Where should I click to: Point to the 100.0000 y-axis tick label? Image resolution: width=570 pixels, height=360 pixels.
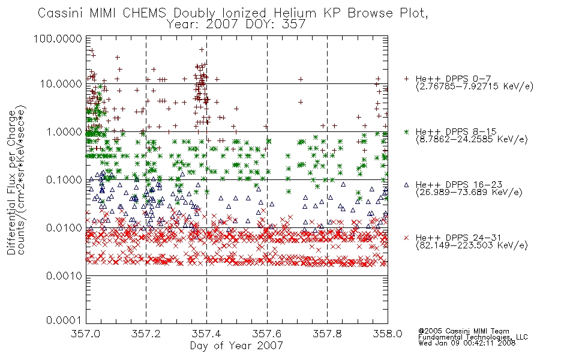click(x=58, y=38)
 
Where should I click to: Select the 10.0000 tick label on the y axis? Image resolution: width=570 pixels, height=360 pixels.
click(x=61, y=84)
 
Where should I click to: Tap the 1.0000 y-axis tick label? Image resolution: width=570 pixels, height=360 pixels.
click(x=64, y=131)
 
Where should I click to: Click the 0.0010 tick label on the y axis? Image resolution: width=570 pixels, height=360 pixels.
click(x=64, y=276)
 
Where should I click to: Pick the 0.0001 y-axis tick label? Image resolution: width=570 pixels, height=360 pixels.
click(x=64, y=320)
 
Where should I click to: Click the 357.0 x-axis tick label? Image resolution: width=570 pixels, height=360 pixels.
click(x=86, y=334)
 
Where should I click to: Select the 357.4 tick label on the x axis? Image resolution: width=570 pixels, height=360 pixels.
click(x=206, y=334)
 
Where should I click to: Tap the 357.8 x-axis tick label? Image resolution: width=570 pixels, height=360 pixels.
click(x=327, y=334)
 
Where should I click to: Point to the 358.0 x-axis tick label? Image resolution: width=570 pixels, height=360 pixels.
click(x=388, y=334)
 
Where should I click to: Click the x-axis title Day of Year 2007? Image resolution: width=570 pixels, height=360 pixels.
click(x=236, y=346)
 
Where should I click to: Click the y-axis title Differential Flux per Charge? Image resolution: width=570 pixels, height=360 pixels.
click(x=11, y=182)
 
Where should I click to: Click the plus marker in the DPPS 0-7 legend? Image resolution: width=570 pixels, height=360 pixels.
click(x=406, y=79)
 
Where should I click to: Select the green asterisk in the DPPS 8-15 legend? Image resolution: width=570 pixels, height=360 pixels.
click(x=406, y=131)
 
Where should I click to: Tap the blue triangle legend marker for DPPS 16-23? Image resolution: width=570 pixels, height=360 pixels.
click(x=406, y=185)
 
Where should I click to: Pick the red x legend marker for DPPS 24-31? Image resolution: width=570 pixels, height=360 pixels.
click(x=406, y=238)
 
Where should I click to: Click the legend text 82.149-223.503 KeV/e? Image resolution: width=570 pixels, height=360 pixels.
click(x=472, y=245)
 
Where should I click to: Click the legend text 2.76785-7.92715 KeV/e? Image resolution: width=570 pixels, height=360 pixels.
click(x=475, y=86)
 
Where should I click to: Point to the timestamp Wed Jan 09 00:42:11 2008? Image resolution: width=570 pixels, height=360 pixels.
click(x=467, y=343)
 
